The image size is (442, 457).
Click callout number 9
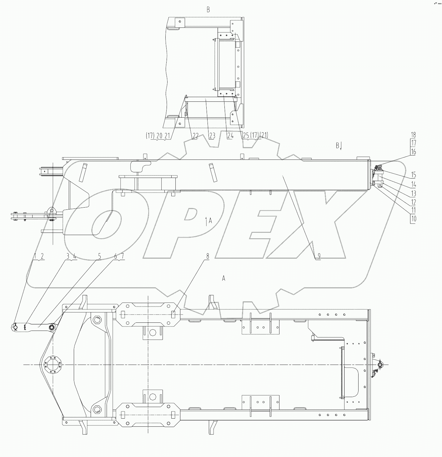click(319, 256)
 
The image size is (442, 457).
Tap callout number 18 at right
click(413, 135)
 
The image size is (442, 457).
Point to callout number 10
click(413, 219)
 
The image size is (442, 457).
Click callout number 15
click(413, 175)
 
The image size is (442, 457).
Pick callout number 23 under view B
click(212, 136)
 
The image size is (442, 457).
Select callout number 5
click(100, 256)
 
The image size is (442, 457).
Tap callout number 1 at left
click(35, 256)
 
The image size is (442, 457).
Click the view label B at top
click(208, 10)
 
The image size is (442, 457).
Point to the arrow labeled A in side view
click(208, 221)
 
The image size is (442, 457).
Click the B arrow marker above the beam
click(339, 145)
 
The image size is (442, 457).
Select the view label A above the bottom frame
click(224, 278)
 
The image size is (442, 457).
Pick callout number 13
click(413, 194)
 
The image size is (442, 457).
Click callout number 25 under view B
click(246, 136)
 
